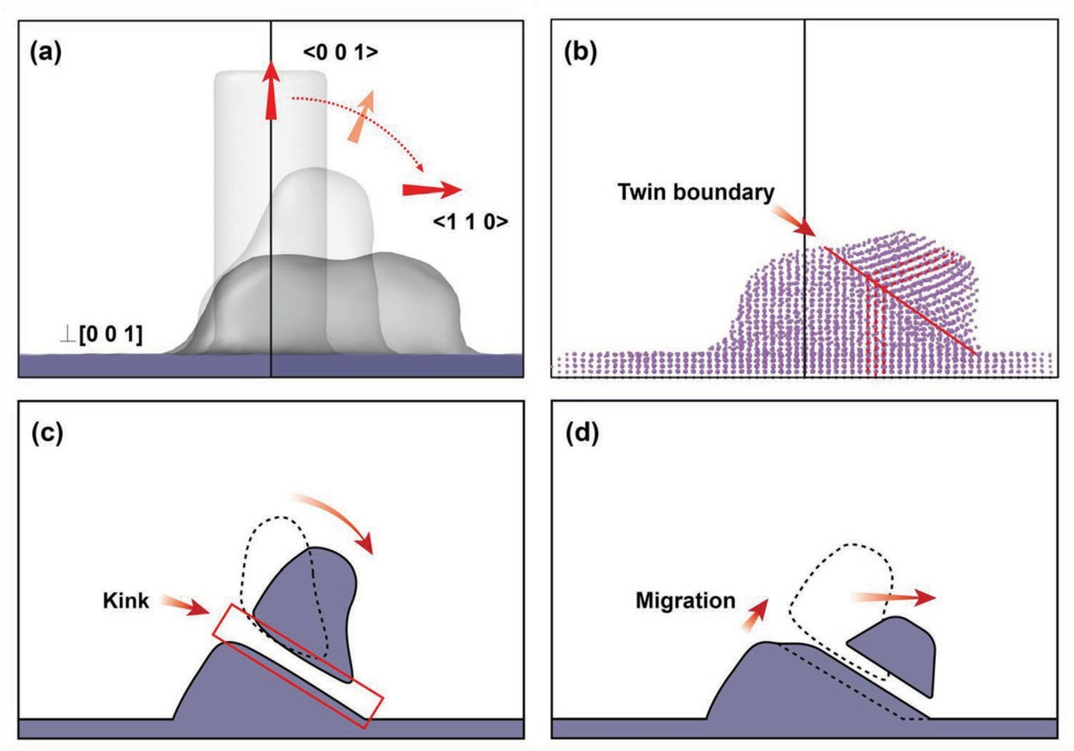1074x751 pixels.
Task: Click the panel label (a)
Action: click(x=46, y=53)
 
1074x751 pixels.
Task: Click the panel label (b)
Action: click(x=580, y=53)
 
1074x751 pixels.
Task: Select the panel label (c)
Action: click(x=47, y=434)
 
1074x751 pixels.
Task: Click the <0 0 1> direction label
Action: click(x=341, y=52)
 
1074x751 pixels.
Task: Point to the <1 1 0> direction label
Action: click(x=470, y=222)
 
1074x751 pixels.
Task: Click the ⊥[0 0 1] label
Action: click(x=101, y=334)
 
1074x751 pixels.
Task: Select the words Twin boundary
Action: click(x=695, y=193)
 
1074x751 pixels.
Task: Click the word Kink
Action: click(x=126, y=601)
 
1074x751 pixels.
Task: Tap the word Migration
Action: click(x=685, y=600)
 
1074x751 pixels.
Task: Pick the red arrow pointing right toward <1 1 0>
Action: click(x=432, y=190)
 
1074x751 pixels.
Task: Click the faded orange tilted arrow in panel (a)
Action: click(x=361, y=117)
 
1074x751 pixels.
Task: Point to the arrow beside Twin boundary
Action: click(x=795, y=219)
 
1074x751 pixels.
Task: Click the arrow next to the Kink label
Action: click(x=184, y=605)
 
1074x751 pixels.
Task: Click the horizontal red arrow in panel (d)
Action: click(x=894, y=597)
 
